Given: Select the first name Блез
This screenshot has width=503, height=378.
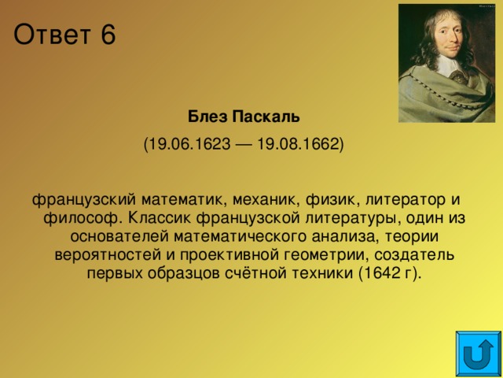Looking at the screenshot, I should (x=208, y=118).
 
